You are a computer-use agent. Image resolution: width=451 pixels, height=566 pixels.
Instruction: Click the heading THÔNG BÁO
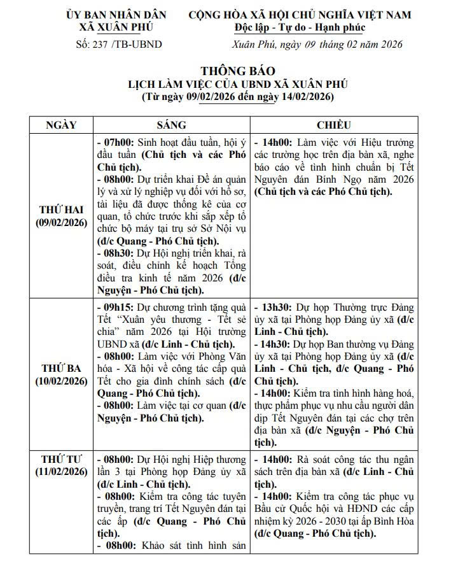point(238,71)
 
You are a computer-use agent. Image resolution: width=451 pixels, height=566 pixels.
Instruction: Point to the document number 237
point(99,45)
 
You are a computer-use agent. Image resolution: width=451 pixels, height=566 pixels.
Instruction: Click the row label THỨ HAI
point(61,210)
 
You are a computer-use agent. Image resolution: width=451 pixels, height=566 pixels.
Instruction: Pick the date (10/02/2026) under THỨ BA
point(61,381)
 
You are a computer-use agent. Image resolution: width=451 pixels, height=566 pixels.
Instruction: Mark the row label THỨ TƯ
point(61,458)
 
